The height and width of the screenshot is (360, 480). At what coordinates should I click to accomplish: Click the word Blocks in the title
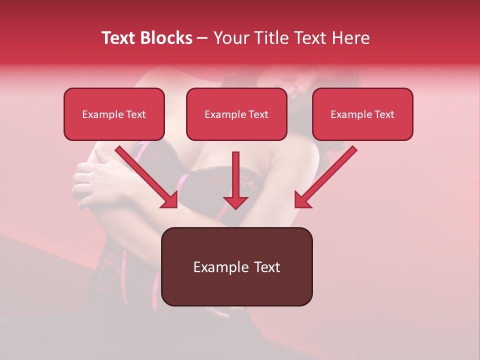(x=166, y=38)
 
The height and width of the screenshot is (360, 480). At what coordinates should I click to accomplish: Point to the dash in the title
(x=202, y=38)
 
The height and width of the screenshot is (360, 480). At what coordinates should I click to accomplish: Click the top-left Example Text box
(x=114, y=114)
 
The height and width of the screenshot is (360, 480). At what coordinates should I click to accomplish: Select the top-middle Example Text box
(x=236, y=114)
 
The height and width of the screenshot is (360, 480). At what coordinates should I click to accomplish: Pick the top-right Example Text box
(x=362, y=114)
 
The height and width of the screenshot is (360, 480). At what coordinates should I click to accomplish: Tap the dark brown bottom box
(x=236, y=266)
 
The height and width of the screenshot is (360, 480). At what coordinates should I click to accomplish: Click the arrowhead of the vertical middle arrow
(x=235, y=201)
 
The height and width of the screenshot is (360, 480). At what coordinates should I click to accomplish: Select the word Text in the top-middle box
(x=258, y=114)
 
